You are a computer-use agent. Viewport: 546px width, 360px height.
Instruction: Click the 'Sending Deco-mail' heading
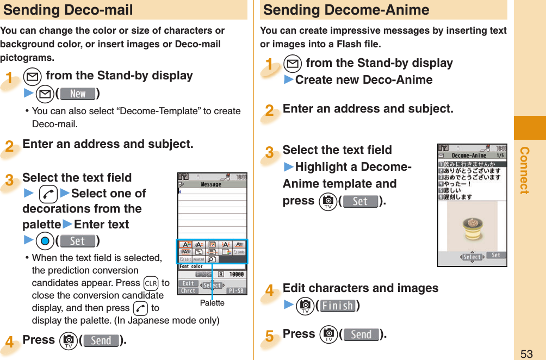pyautogui.click(x=68, y=10)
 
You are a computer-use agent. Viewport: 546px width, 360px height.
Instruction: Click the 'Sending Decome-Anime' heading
pyautogui.click(x=346, y=10)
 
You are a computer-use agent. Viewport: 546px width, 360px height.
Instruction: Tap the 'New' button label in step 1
pyautogui.click(x=78, y=94)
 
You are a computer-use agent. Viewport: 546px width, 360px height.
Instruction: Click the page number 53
pyautogui.click(x=526, y=354)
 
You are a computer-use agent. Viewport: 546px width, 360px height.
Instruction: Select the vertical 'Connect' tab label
pyautogui.click(x=524, y=170)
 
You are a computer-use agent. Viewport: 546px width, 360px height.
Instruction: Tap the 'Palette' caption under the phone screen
pyautogui.click(x=212, y=303)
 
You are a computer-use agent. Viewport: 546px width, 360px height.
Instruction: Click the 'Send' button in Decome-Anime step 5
pyautogui.click(x=361, y=334)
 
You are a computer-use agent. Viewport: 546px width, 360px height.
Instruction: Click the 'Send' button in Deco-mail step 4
pyautogui.click(x=101, y=340)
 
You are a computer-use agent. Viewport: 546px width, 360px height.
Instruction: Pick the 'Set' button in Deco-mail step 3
pyautogui.click(x=78, y=240)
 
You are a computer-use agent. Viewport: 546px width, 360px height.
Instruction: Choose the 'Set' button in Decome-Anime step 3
pyautogui.click(x=360, y=201)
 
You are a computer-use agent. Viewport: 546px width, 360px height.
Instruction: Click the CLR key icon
pyautogui.click(x=151, y=283)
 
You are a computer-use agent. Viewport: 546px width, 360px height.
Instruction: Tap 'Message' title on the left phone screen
pyautogui.click(x=211, y=184)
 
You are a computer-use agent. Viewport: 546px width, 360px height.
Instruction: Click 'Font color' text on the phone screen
pyautogui.click(x=190, y=266)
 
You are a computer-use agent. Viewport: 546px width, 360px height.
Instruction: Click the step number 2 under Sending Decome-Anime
pyautogui.click(x=270, y=111)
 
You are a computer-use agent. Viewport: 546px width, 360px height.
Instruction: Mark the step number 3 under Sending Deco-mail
pyautogui.click(x=9, y=180)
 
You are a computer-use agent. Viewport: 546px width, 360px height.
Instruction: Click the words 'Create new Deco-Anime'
pyautogui.click(x=364, y=80)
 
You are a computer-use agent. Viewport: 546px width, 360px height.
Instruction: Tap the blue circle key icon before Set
pyautogui.click(x=45, y=240)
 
